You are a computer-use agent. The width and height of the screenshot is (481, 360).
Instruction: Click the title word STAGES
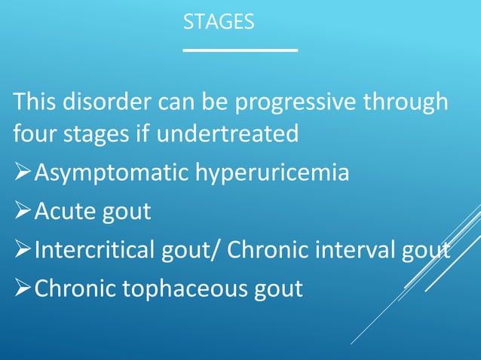pyautogui.click(x=219, y=23)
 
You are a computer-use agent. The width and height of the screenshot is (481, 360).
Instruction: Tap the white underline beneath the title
pyautogui.click(x=240, y=50)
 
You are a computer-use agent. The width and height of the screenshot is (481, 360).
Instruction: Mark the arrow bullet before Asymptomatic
pyautogui.click(x=23, y=174)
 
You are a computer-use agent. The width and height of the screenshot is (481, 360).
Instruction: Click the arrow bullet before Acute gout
pyautogui.click(x=23, y=212)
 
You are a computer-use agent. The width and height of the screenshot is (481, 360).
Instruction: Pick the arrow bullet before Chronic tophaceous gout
pyautogui.click(x=23, y=289)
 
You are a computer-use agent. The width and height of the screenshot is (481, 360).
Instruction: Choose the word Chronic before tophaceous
pyautogui.click(x=75, y=288)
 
